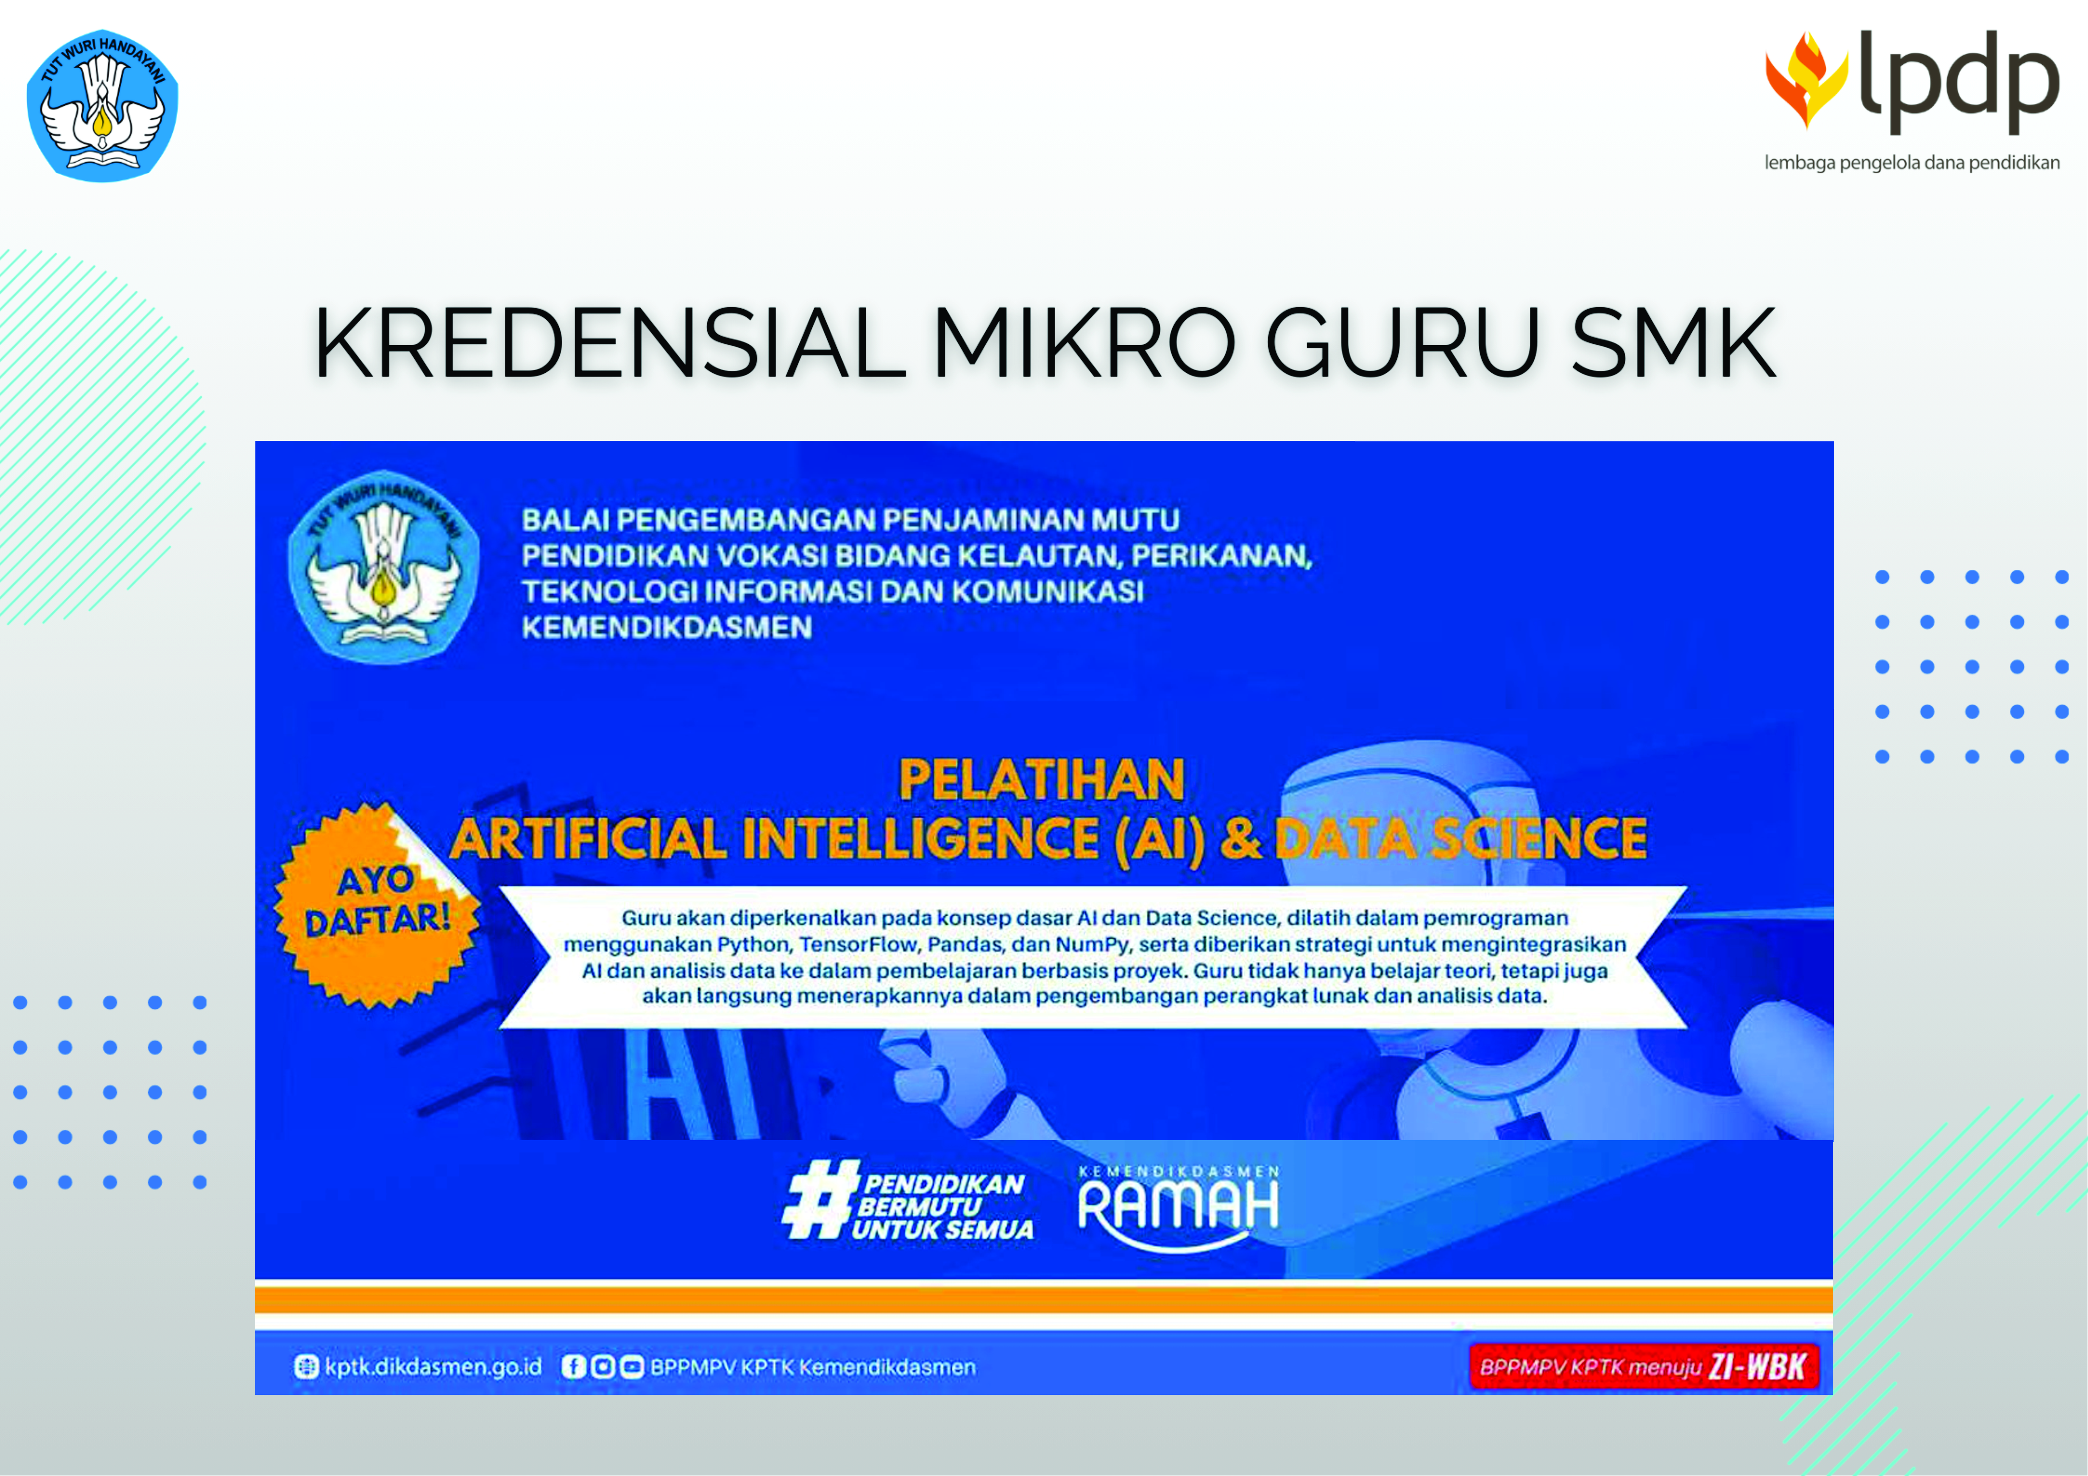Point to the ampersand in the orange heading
[x=1240, y=838]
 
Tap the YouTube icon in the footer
[x=631, y=1367]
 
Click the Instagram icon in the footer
[x=602, y=1367]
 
